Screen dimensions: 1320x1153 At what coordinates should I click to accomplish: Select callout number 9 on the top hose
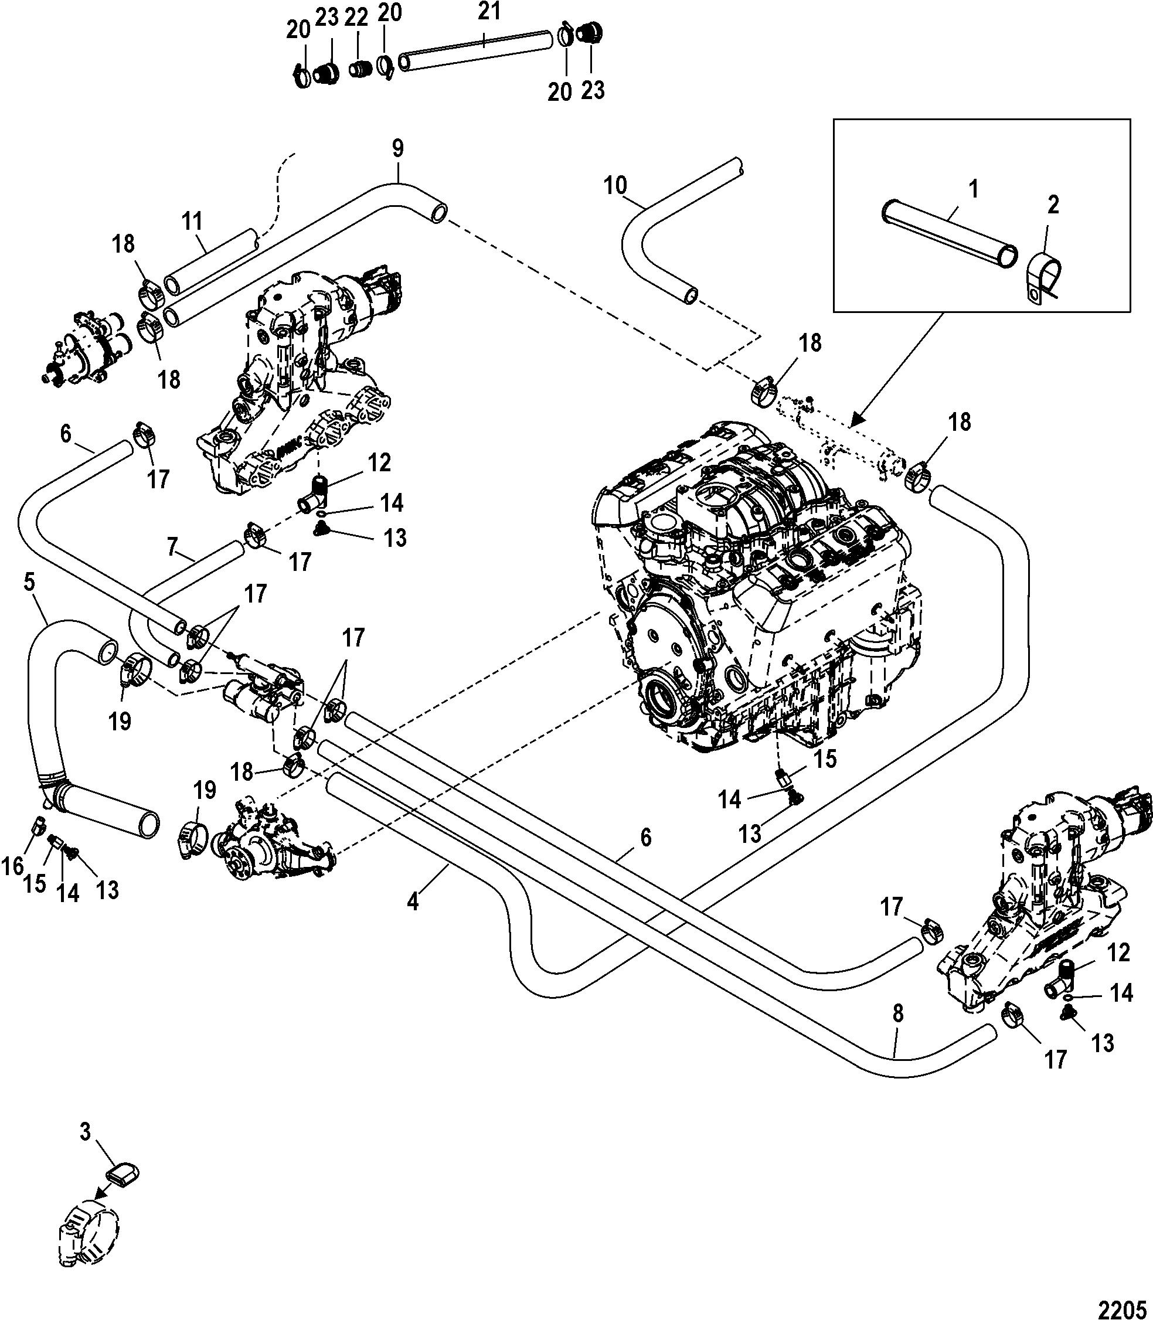(x=397, y=149)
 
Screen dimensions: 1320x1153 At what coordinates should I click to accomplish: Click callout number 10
(x=615, y=185)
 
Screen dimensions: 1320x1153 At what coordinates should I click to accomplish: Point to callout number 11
(x=192, y=222)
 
